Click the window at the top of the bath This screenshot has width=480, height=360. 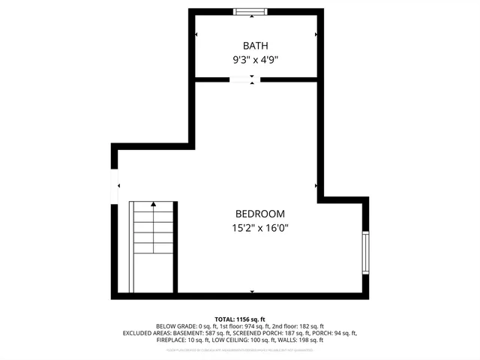pyautogui.click(x=251, y=11)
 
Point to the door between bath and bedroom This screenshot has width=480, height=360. pyautogui.click(x=244, y=79)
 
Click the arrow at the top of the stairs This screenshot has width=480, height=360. pyautogui.click(x=154, y=203)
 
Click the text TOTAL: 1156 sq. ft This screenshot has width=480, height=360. pyautogui.click(x=240, y=319)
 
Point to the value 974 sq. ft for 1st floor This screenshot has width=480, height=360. pyautogui.click(x=259, y=326)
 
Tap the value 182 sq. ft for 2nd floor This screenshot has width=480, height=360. pyautogui.click(x=310, y=326)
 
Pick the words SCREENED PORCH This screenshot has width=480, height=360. pyautogui.click(x=258, y=333)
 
